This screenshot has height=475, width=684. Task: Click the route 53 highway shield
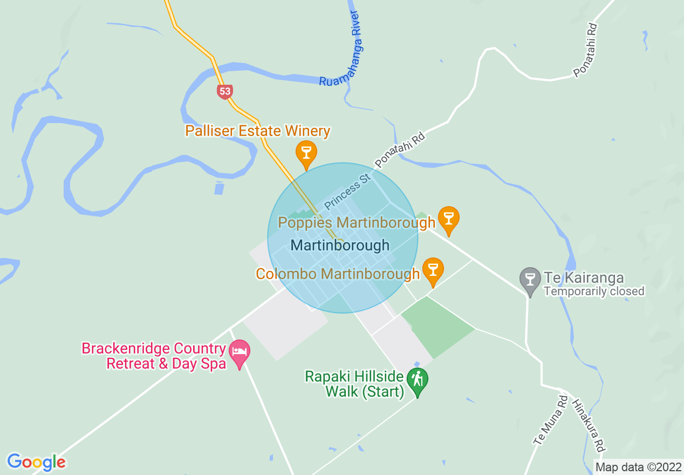(x=225, y=91)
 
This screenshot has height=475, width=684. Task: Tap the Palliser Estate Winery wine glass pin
(x=306, y=153)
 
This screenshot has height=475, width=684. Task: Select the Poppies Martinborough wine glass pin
(x=448, y=219)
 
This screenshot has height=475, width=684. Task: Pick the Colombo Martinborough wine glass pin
(x=433, y=269)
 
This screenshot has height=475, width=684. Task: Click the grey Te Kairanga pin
(x=530, y=280)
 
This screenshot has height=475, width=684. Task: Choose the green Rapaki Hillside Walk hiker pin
(x=417, y=380)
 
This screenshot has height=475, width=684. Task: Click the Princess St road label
(x=346, y=192)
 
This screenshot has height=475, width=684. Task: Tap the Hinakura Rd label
(x=588, y=426)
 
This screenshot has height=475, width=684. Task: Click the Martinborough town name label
(x=340, y=245)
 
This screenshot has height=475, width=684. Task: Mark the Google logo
(x=36, y=462)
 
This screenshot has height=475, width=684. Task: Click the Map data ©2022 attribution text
(x=638, y=467)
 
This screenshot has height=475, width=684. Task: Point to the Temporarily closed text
(x=594, y=291)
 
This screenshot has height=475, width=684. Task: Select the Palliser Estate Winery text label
(x=258, y=131)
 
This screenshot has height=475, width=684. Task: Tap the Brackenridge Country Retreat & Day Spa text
(x=153, y=356)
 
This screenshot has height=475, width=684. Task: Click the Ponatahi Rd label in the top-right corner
(x=586, y=50)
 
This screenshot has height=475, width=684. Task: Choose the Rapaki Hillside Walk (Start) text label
(x=354, y=384)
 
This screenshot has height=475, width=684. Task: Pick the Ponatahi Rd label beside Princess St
(x=400, y=150)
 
